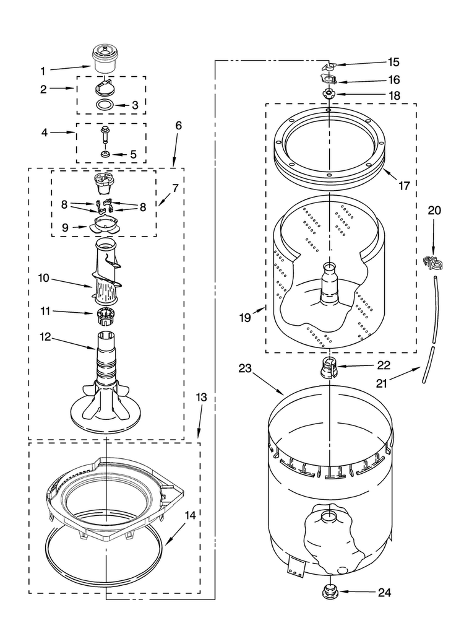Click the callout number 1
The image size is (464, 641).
pos(43,71)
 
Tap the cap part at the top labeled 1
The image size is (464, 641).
pos(104,59)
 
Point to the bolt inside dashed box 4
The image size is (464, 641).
pos(105,134)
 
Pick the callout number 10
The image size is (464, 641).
pos(44,278)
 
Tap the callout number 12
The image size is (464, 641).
pos(45,337)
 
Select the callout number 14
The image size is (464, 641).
pos(190,515)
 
